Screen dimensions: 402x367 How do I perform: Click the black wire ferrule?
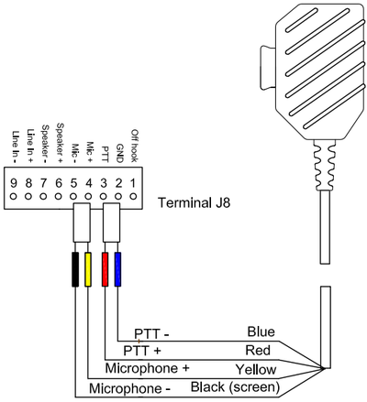coord(74,269)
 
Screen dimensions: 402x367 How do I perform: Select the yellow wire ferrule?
coord(89,269)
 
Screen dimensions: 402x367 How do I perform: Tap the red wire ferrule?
coord(104,269)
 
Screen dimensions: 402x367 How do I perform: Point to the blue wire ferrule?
coord(118,269)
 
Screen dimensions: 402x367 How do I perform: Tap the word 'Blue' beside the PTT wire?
coord(261,331)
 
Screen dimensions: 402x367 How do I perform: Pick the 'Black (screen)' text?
coord(237,387)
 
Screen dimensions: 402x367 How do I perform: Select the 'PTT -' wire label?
coord(151,333)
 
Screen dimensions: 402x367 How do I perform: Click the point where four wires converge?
coord(328,370)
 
